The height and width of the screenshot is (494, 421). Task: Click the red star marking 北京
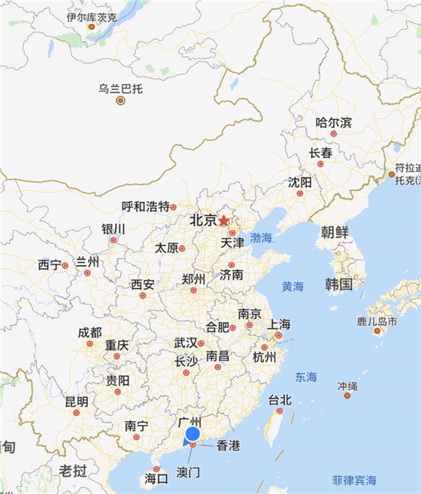point(223,221)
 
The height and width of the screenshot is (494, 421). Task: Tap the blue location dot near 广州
point(192,434)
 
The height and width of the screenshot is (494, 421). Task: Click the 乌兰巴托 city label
point(120,88)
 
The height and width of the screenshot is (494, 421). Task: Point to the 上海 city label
point(279,324)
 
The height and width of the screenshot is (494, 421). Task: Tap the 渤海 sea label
point(261,237)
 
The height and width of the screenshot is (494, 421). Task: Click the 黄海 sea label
point(292,286)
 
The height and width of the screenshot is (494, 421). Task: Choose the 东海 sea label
point(306,376)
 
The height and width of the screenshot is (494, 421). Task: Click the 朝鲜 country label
point(335,232)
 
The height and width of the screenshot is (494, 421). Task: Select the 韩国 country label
point(339,284)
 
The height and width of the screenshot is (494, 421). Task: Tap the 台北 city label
point(280,400)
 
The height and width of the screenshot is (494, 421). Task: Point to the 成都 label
point(89,333)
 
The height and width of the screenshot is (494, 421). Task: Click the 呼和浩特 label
point(146,206)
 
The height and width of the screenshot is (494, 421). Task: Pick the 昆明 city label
point(76,402)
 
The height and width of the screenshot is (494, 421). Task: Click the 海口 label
point(156,478)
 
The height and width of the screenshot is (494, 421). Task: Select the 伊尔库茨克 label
point(91,17)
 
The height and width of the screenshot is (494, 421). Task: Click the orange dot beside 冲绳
point(347,395)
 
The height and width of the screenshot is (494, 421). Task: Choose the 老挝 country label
point(73,471)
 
